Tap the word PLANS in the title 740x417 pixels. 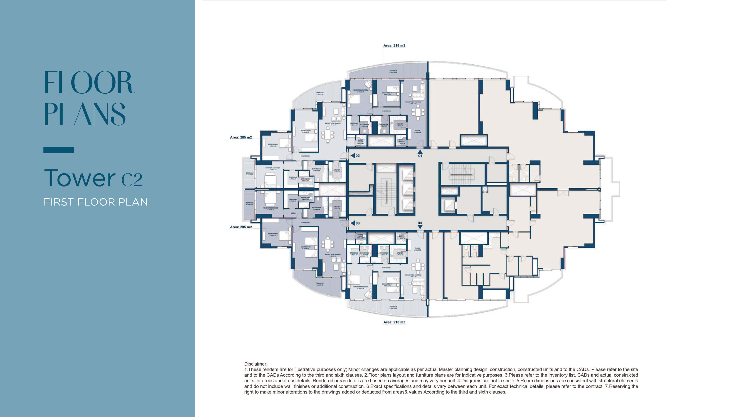click(85, 114)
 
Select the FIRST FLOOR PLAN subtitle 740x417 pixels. click(96, 202)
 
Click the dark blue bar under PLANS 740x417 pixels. click(59, 150)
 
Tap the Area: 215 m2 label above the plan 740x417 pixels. click(394, 45)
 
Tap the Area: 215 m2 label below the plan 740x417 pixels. click(394, 322)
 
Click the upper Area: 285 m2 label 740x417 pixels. click(241, 137)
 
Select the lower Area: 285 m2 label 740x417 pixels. click(241, 227)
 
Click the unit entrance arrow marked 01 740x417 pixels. click(420, 152)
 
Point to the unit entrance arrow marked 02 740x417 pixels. click(353, 156)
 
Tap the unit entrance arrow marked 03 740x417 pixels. click(353, 223)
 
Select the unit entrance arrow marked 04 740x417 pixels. click(420, 227)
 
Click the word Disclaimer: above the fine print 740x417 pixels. click(255, 364)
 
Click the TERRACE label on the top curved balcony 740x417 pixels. click(393, 71)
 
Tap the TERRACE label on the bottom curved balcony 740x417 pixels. click(393, 307)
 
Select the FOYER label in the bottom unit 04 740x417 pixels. click(417, 249)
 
